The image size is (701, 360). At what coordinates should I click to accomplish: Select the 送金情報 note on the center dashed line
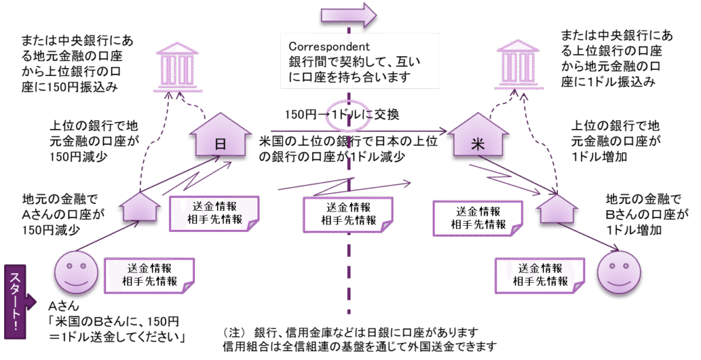pos(348,214)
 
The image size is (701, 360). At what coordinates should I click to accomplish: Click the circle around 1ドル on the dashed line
pos(350,116)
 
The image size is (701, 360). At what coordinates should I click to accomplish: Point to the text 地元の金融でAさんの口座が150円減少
pos(62,214)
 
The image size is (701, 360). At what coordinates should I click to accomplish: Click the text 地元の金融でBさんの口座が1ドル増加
pos(643,214)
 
